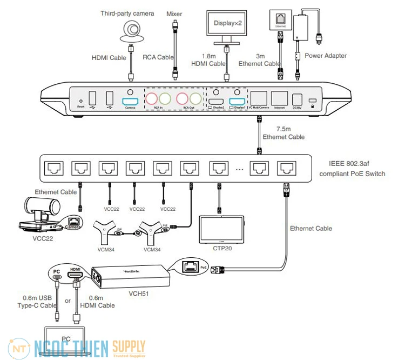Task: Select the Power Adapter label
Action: click(x=326, y=55)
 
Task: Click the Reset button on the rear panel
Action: click(x=81, y=99)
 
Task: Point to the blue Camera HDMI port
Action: click(x=130, y=101)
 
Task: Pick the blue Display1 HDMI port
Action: click(x=238, y=101)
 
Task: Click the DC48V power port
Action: click(x=297, y=99)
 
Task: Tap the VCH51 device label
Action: click(x=139, y=294)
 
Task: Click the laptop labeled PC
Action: click(x=64, y=341)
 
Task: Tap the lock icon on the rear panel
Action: click(x=312, y=101)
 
